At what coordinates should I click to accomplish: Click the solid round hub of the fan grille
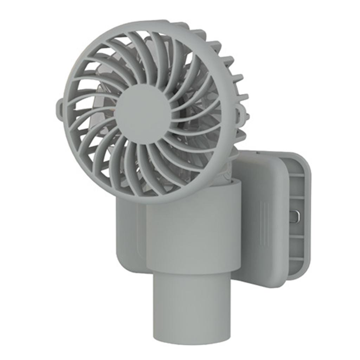tap(142, 114)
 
